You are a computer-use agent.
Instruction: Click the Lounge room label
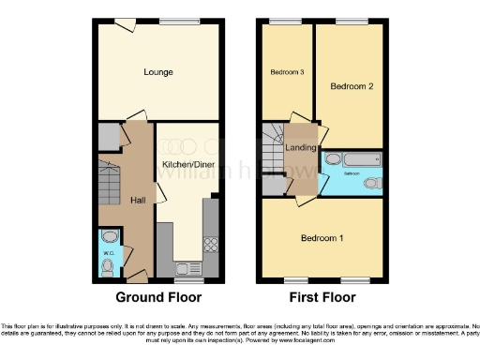pyautogui.click(x=157, y=72)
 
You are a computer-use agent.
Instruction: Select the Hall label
pyautogui.click(x=137, y=200)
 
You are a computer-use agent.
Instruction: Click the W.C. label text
pyautogui.click(x=108, y=250)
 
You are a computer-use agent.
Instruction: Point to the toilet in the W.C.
pyautogui.click(x=109, y=268)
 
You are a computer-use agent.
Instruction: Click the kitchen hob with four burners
pyautogui.click(x=211, y=245)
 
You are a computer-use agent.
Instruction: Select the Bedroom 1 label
pyautogui.click(x=322, y=238)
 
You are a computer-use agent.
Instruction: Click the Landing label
pyautogui.click(x=300, y=147)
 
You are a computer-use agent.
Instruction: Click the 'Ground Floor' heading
pyautogui.click(x=157, y=298)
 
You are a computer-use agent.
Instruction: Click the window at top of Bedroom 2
pyautogui.click(x=351, y=21)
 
